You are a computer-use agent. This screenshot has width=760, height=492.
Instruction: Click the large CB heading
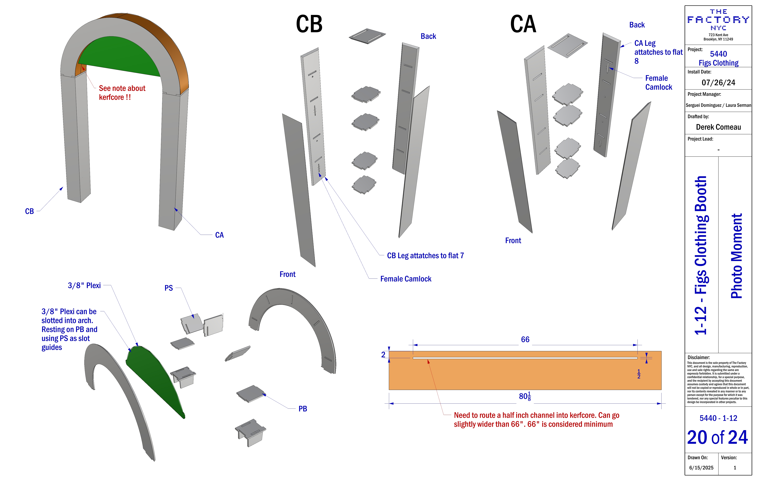pyautogui.click(x=309, y=24)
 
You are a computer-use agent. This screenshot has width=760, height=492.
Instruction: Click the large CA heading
pyautogui.click(x=523, y=24)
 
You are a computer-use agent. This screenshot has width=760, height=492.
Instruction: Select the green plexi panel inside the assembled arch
pyautogui.click(x=121, y=56)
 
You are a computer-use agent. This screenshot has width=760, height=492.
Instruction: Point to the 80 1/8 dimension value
pyautogui.click(x=525, y=396)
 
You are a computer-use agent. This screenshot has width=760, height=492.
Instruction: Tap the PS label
pyautogui.click(x=169, y=288)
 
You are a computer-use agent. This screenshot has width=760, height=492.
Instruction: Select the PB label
pyautogui.click(x=302, y=409)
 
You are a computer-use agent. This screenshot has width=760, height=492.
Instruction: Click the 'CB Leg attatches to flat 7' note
pyautogui.click(x=425, y=256)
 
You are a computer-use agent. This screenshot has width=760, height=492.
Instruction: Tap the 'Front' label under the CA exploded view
pyautogui.click(x=513, y=241)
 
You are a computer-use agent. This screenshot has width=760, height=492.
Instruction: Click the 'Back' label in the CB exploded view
pyautogui.click(x=428, y=36)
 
